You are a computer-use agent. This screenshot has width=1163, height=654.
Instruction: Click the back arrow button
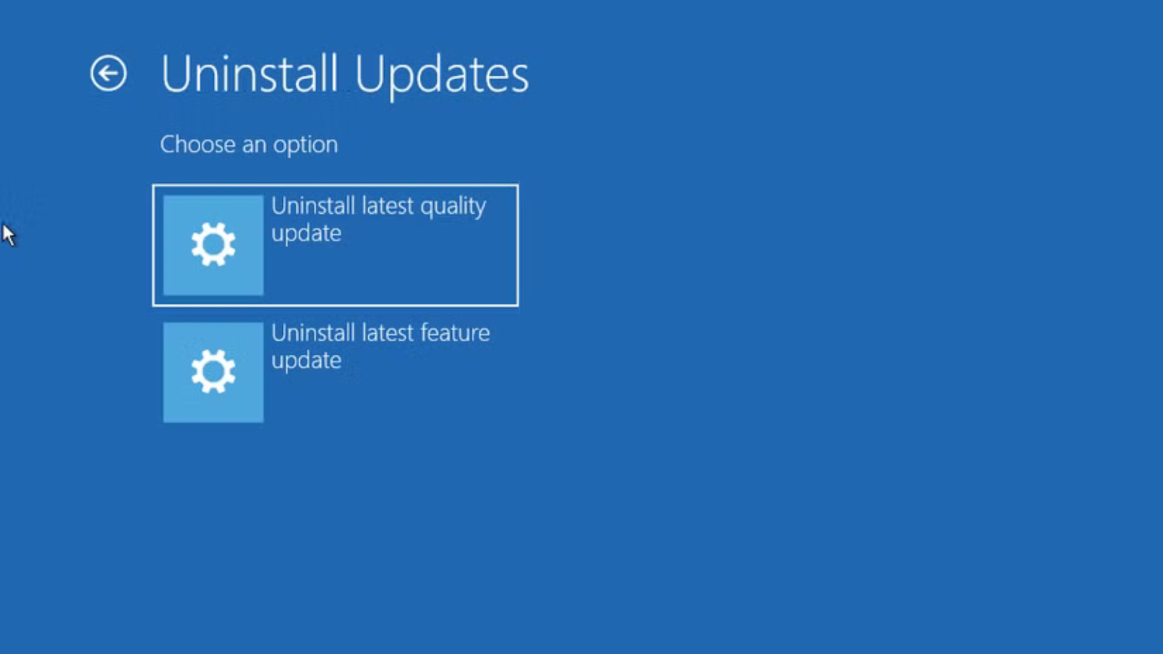click(108, 73)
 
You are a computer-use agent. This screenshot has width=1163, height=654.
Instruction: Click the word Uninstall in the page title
click(249, 74)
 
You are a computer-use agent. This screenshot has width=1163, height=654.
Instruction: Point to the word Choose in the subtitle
click(197, 144)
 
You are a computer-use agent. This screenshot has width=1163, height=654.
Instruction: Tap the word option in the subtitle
click(305, 145)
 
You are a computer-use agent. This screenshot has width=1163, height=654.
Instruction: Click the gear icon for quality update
click(213, 245)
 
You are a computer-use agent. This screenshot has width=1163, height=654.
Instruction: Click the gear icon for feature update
click(213, 372)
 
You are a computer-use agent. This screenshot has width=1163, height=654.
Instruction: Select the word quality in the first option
click(453, 207)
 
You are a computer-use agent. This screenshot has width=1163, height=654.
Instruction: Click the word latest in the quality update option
click(388, 206)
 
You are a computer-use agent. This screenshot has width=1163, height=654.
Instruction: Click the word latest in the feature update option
click(388, 333)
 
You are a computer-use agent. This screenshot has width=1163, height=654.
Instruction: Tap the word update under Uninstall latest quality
click(306, 234)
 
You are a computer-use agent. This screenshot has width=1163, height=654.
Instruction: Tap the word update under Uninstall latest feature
click(306, 362)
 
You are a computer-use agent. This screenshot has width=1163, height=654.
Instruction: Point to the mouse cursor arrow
click(8, 234)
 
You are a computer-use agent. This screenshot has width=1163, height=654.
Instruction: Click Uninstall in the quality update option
click(313, 206)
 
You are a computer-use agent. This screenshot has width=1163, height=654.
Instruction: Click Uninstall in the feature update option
click(313, 333)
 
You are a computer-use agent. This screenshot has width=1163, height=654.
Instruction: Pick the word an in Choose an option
click(254, 145)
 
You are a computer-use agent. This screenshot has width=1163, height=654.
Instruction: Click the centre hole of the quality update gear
click(213, 245)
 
